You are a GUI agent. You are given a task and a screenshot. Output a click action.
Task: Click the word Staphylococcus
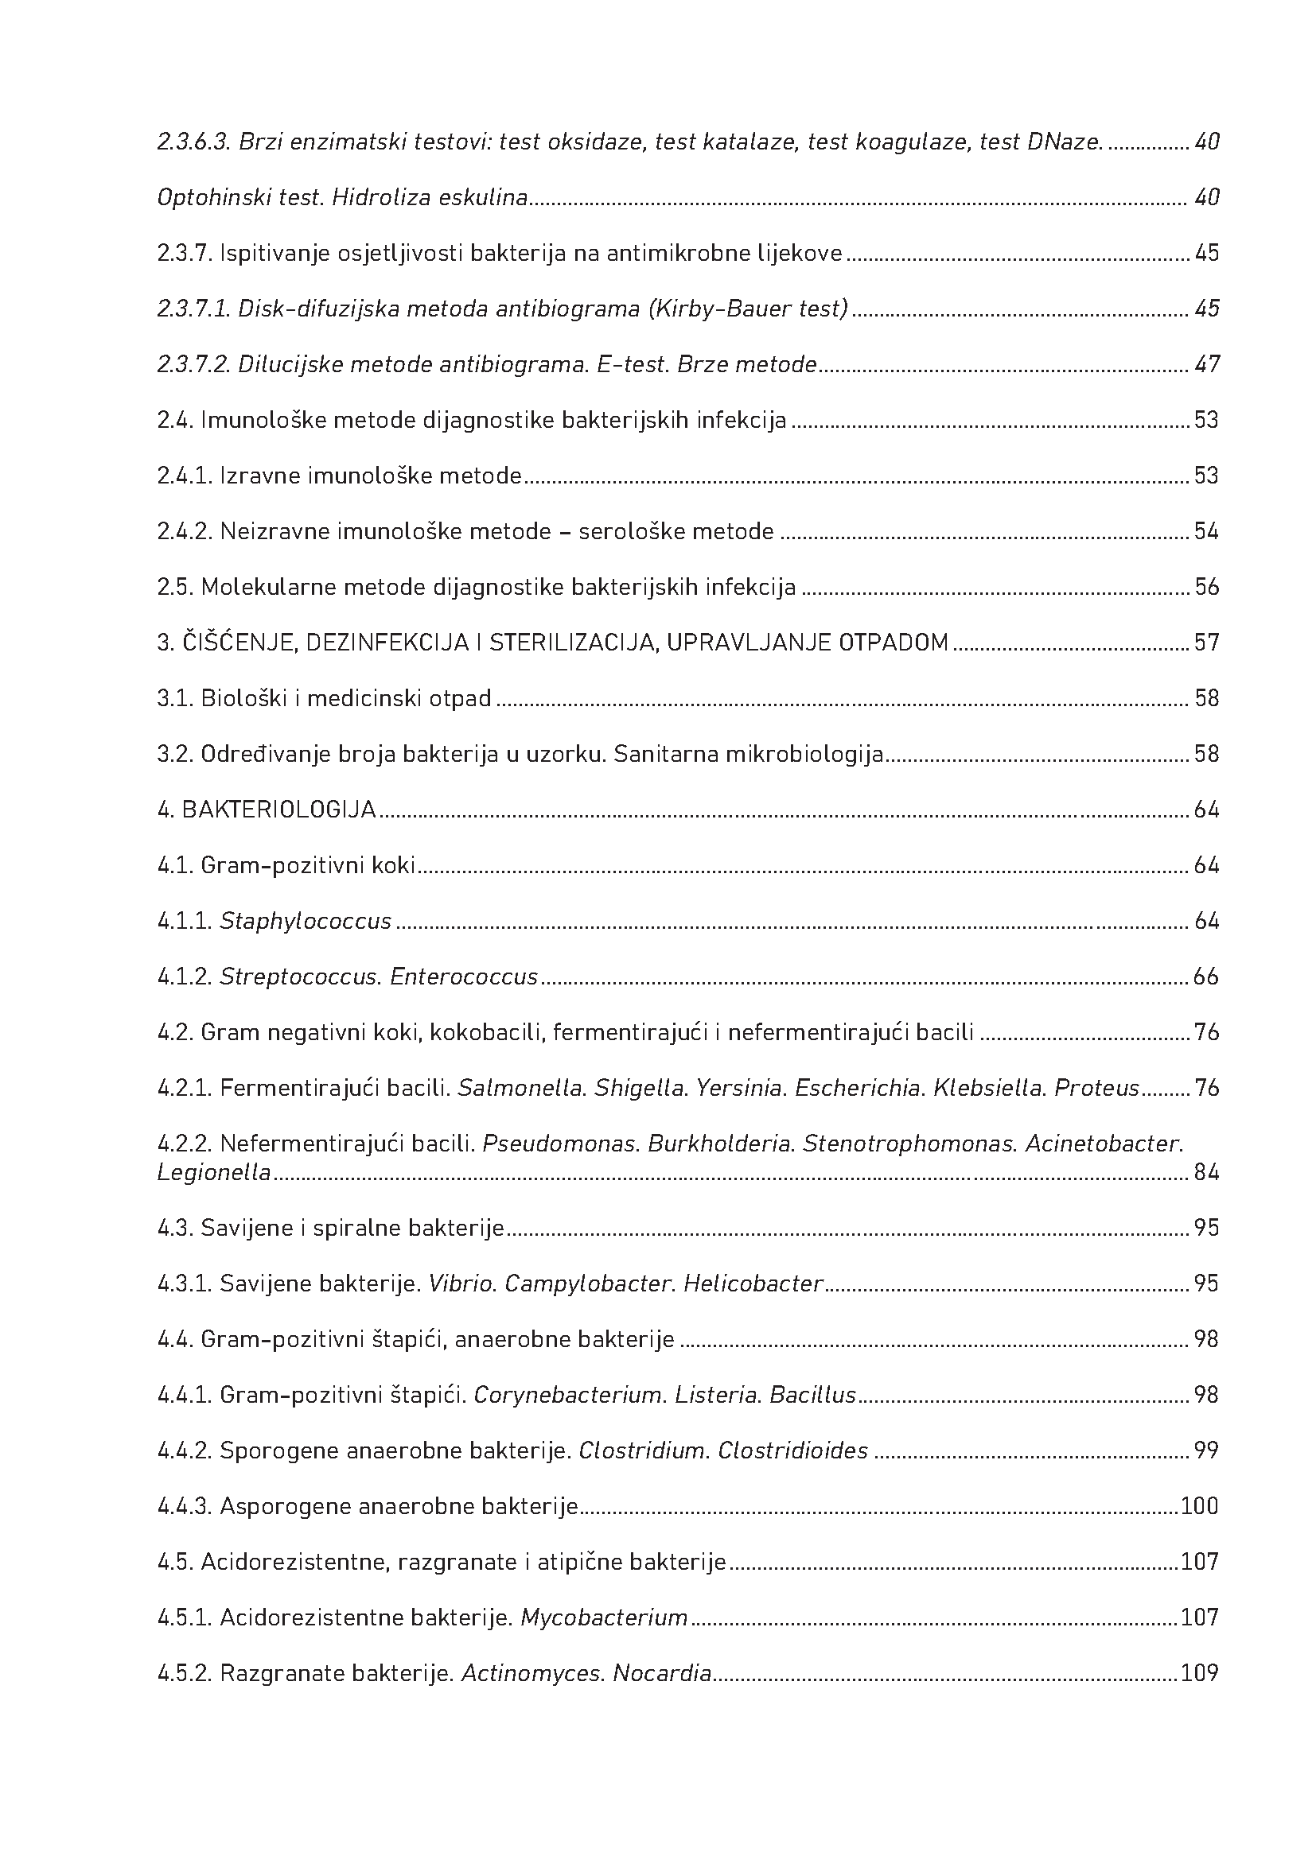[x=306, y=921]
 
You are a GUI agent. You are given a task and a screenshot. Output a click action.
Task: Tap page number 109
[x=1199, y=1674]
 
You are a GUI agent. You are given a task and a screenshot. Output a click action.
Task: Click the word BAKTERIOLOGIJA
[x=278, y=810]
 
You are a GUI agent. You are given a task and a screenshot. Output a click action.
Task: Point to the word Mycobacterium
[x=604, y=1617]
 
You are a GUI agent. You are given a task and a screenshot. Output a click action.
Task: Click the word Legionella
[x=214, y=1172]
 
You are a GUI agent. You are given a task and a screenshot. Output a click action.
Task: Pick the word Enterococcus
[x=464, y=977]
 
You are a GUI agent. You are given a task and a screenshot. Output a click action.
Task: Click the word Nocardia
[x=662, y=1674]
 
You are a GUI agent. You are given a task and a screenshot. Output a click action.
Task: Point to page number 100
[x=1199, y=1506]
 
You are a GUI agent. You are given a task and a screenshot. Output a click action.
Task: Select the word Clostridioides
[x=792, y=1451]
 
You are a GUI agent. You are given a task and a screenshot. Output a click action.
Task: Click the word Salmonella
[x=522, y=1088]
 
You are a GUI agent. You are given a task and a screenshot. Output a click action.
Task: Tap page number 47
[x=1207, y=364]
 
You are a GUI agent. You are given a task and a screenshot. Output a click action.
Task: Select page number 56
[x=1207, y=587]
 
